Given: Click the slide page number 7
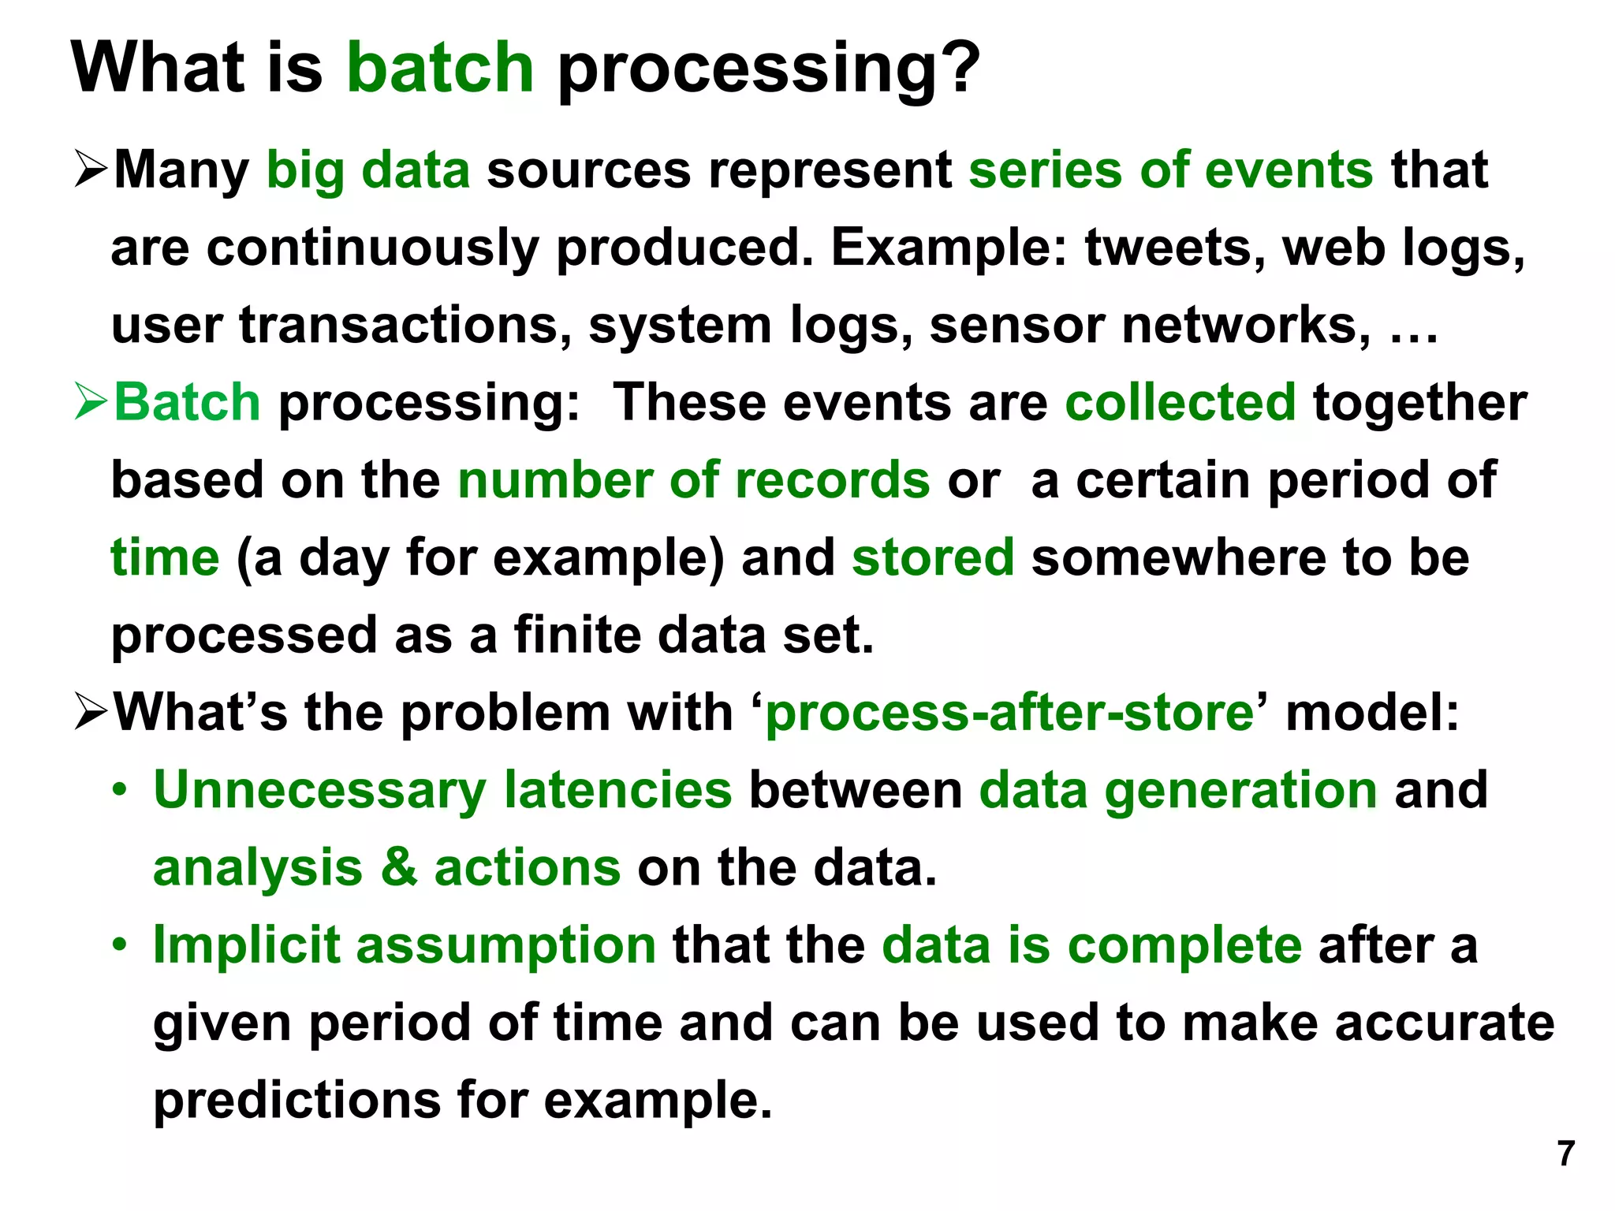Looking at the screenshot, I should coord(1566,1153).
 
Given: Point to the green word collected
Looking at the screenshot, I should coord(1180,402).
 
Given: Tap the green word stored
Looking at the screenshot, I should coord(933,557).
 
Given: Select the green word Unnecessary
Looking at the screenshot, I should coord(319,791).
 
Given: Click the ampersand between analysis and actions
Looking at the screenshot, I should coord(399,867).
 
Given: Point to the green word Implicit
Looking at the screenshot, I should coord(246,945).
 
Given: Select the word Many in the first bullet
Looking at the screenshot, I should coord(181,170).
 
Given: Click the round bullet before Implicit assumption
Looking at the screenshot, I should coord(119,945).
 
